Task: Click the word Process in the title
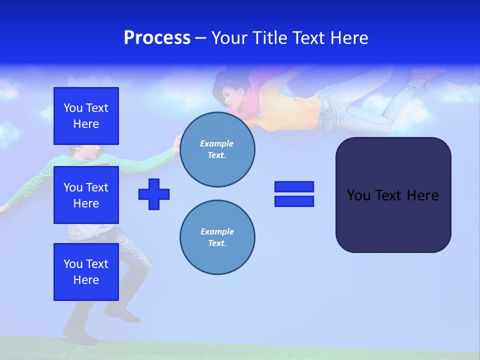[157, 38]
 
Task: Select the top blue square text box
[86, 116]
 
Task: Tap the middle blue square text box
[86, 195]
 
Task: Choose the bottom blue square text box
[86, 272]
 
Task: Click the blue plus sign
[154, 194]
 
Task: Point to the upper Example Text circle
[217, 149]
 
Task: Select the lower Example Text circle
[217, 237]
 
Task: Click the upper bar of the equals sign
[294, 186]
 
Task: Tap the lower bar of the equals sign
[294, 201]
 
